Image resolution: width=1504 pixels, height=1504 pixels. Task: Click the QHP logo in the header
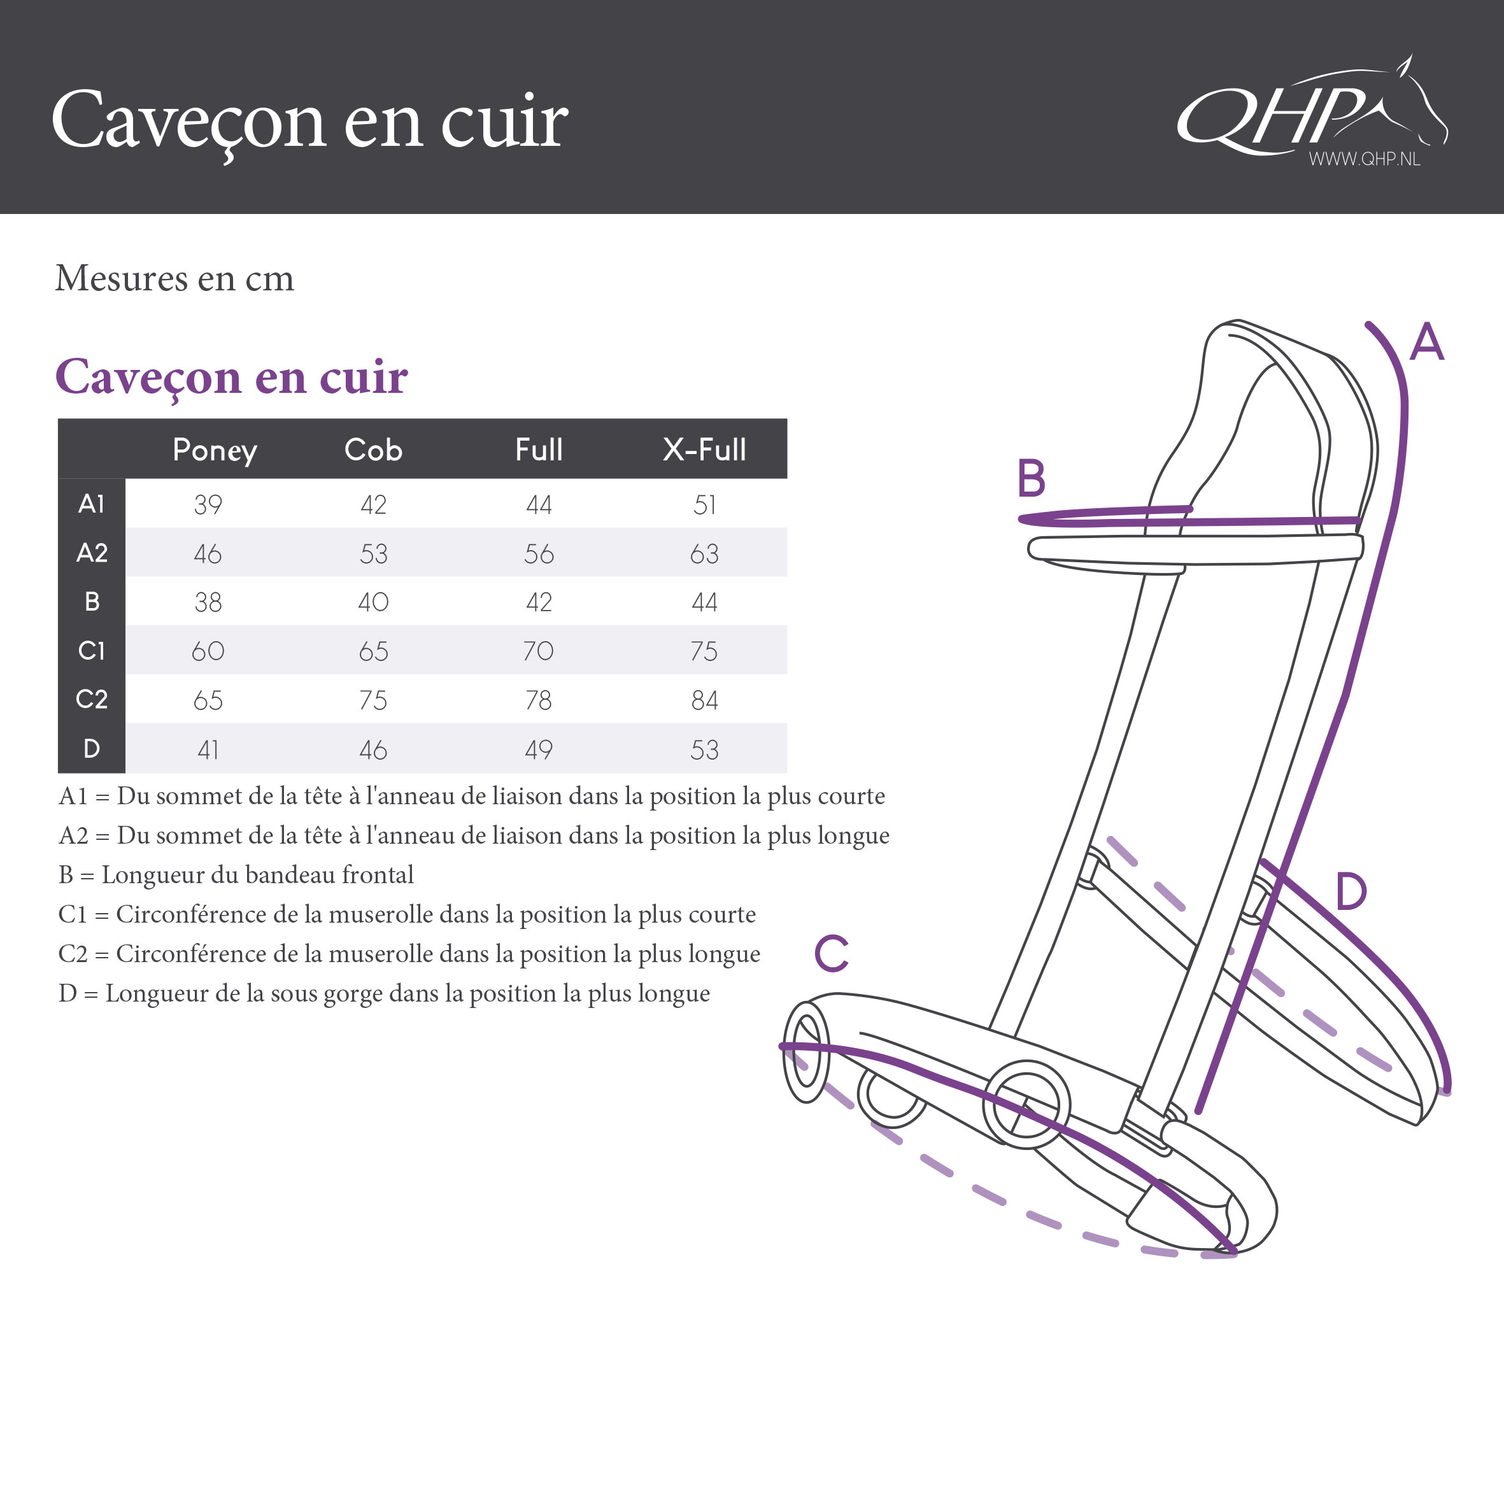(1312, 109)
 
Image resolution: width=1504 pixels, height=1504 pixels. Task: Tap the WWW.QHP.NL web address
(1364, 159)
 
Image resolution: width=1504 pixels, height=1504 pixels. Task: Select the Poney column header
(215, 451)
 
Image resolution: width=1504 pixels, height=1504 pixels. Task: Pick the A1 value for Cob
(374, 504)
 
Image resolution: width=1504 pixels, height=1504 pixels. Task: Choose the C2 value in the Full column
(539, 700)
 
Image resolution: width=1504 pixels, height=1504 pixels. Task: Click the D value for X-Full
(704, 749)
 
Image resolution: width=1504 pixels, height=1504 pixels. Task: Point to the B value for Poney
(208, 602)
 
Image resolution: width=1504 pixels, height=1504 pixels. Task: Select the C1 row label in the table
(92, 650)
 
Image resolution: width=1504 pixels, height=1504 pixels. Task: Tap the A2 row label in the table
(92, 553)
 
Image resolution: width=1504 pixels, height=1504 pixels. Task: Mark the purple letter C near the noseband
(832, 954)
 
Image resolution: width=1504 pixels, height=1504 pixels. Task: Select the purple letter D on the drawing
(1351, 891)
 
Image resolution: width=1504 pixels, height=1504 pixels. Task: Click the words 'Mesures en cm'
(174, 278)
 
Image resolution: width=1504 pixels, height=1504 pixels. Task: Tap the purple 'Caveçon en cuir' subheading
(231, 378)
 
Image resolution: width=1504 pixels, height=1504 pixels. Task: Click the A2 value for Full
(539, 553)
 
